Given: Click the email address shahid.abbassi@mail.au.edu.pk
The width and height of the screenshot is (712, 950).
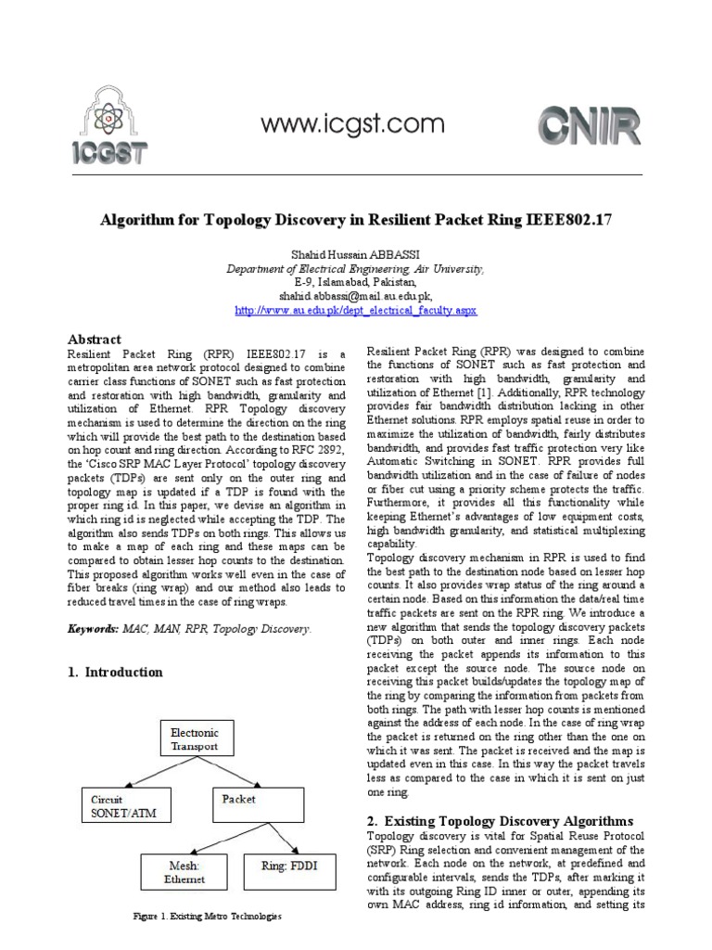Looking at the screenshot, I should pyautogui.click(x=356, y=295).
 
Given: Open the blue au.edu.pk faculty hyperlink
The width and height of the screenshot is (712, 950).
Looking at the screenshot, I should pyautogui.click(x=356, y=309).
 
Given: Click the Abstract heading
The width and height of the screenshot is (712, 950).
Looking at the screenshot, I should pyautogui.click(x=95, y=340).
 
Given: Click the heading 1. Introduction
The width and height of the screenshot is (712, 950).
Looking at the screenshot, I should pyautogui.click(x=116, y=672).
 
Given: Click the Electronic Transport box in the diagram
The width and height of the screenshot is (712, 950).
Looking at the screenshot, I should pyautogui.click(x=195, y=738).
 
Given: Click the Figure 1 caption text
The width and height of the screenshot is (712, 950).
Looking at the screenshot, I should pyautogui.click(x=208, y=917).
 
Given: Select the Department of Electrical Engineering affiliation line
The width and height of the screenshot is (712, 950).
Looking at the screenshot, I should pyautogui.click(x=356, y=269).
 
